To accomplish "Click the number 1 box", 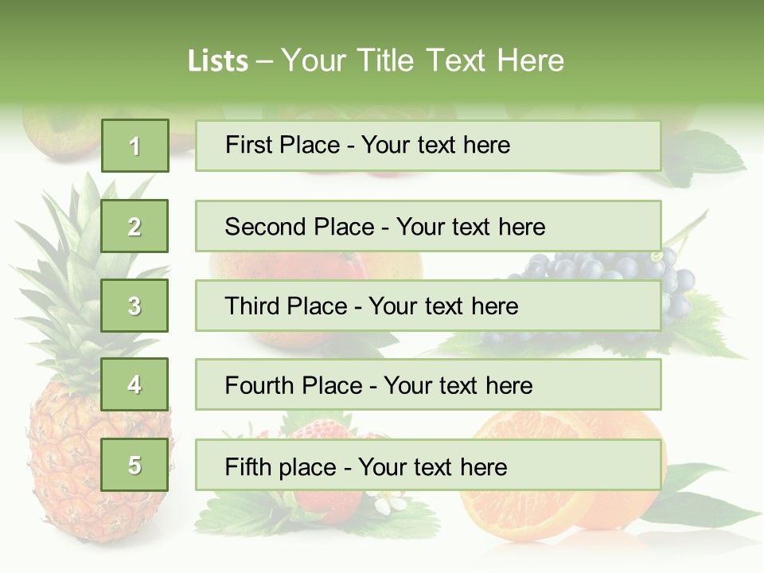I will pyautogui.click(x=134, y=146).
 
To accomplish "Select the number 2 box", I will pyautogui.click(x=134, y=226).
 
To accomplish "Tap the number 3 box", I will pyautogui.click(x=134, y=306).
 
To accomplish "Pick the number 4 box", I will pyautogui.click(x=134, y=384).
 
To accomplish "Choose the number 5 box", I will pyautogui.click(x=134, y=465).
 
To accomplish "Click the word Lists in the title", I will pyautogui.click(x=217, y=60).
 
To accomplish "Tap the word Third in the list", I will pyautogui.click(x=253, y=306).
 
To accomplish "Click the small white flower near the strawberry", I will pyautogui.click(x=389, y=504).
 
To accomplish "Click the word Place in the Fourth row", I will pyautogui.click(x=329, y=386).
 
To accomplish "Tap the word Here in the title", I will pyautogui.click(x=530, y=60).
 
